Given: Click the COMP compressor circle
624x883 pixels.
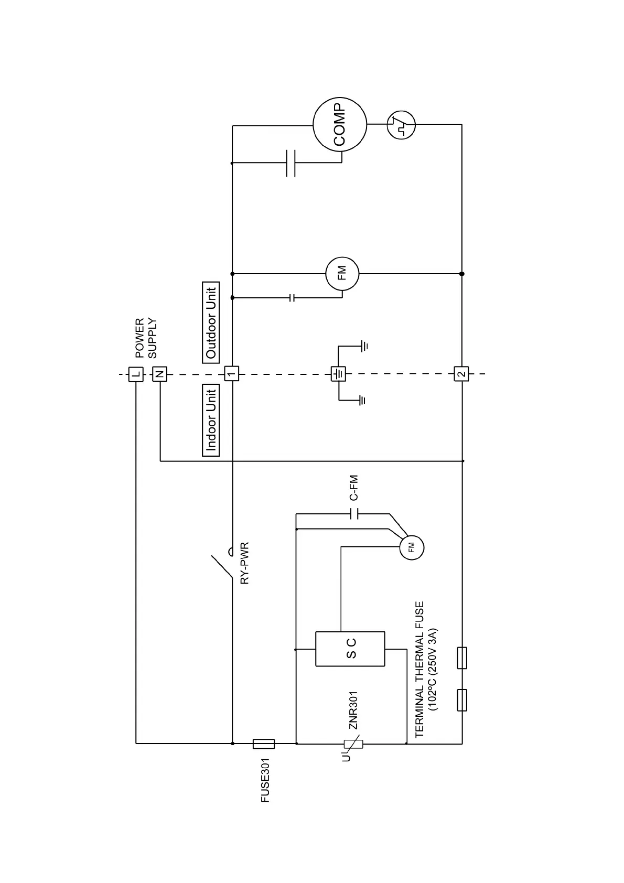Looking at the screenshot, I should tap(339, 125).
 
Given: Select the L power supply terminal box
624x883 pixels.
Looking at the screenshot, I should tap(136, 374).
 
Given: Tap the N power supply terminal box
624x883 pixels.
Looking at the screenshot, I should tap(159, 374).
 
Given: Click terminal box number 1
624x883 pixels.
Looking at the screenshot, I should tap(232, 374).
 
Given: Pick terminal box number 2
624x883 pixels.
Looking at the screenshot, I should tap(461, 374).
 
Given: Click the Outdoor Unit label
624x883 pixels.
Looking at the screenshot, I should tap(211, 322).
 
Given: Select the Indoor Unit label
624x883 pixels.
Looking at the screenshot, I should tap(211, 421).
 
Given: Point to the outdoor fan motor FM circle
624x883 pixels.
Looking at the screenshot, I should tap(342, 273).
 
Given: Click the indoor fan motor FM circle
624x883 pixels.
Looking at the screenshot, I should tap(411, 548).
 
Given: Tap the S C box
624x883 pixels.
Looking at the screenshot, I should tap(350, 649).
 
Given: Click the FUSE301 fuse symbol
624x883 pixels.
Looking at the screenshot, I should tap(263, 743).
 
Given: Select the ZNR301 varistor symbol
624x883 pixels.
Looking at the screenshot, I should tap(353, 743).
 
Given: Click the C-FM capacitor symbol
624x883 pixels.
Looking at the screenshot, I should tap(353, 513).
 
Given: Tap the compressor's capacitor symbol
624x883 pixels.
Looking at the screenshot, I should tap(291, 163).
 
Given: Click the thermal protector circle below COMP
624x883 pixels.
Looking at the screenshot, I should tap(401, 125).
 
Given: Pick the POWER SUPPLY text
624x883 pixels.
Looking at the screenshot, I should tap(146, 338).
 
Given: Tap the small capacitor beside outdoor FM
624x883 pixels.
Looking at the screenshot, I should tap(293, 298).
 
